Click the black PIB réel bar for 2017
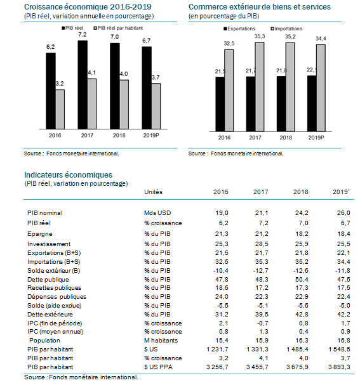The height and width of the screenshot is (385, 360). click(83, 85)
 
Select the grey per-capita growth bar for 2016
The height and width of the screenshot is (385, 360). click(60, 110)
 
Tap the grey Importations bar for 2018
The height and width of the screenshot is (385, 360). click(290, 87)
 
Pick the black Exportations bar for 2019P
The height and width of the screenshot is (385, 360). click(312, 103)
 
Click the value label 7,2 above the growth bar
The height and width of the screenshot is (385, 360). click(83, 35)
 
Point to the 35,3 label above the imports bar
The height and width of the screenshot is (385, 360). click(260, 36)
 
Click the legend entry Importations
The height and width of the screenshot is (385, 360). click(286, 29)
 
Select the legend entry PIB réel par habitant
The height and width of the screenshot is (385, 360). click(118, 28)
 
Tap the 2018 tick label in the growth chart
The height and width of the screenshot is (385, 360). click(119, 135)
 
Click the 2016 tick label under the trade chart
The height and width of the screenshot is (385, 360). click(224, 138)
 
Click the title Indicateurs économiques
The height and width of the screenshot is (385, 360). click(69, 175)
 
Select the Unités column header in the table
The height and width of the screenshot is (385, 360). click(154, 192)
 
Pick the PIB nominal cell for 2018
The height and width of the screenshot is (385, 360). click(302, 213)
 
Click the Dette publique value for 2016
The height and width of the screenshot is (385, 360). click(222, 280)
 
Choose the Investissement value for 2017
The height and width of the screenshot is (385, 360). click(262, 244)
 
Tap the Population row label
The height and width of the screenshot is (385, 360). click(44, 341)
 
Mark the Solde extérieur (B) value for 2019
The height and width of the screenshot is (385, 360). click(343, 271)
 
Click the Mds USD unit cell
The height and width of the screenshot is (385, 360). click(157, 213)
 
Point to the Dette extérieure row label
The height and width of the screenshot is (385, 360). click(50, 315)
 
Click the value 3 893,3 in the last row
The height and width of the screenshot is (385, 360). click(339, 367)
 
